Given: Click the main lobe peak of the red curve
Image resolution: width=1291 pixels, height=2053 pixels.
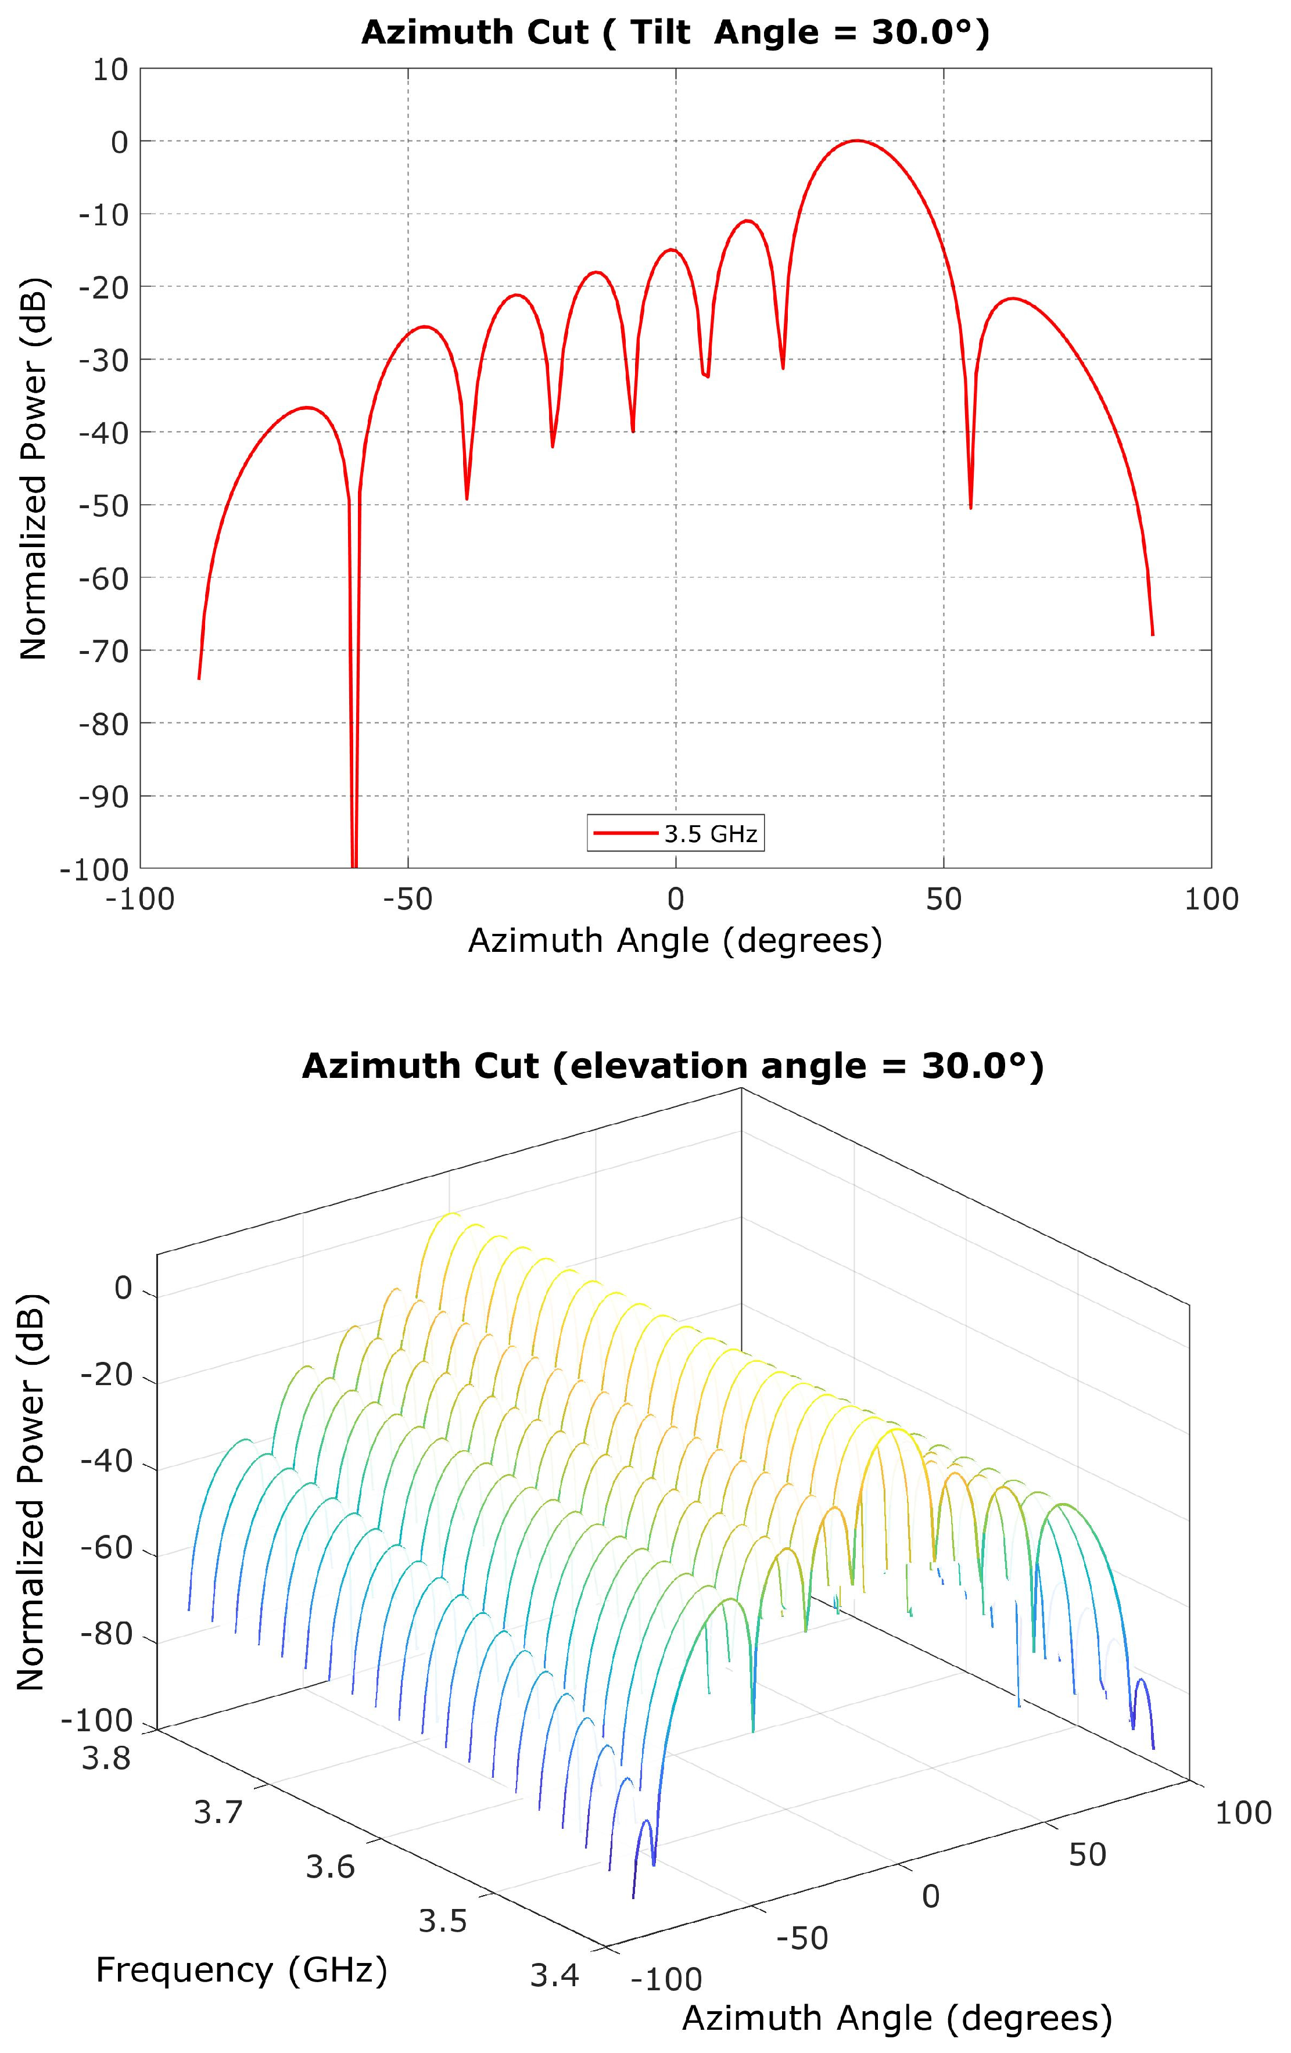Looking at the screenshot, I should [856, 141].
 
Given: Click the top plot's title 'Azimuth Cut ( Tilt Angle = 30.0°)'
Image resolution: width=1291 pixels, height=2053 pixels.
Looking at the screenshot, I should [675, 33].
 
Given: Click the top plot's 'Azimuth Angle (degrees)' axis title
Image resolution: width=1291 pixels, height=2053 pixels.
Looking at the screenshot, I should [675, 940].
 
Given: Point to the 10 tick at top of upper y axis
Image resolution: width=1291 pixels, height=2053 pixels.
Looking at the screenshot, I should [110, 70].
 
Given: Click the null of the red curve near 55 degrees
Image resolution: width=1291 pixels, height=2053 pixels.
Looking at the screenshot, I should [970, 506].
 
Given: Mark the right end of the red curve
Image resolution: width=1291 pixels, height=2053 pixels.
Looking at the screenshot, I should [1152, 634].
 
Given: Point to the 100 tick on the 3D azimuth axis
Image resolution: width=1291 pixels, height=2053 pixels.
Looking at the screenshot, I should [1242, 1813].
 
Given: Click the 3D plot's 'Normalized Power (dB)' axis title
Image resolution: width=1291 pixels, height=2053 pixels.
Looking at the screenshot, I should [31, 1492].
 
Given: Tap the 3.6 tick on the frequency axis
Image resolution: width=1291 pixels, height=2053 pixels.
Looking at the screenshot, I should [330, 1867].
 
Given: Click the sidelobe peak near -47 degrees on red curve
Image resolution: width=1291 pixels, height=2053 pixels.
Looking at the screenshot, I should [423, 326].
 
